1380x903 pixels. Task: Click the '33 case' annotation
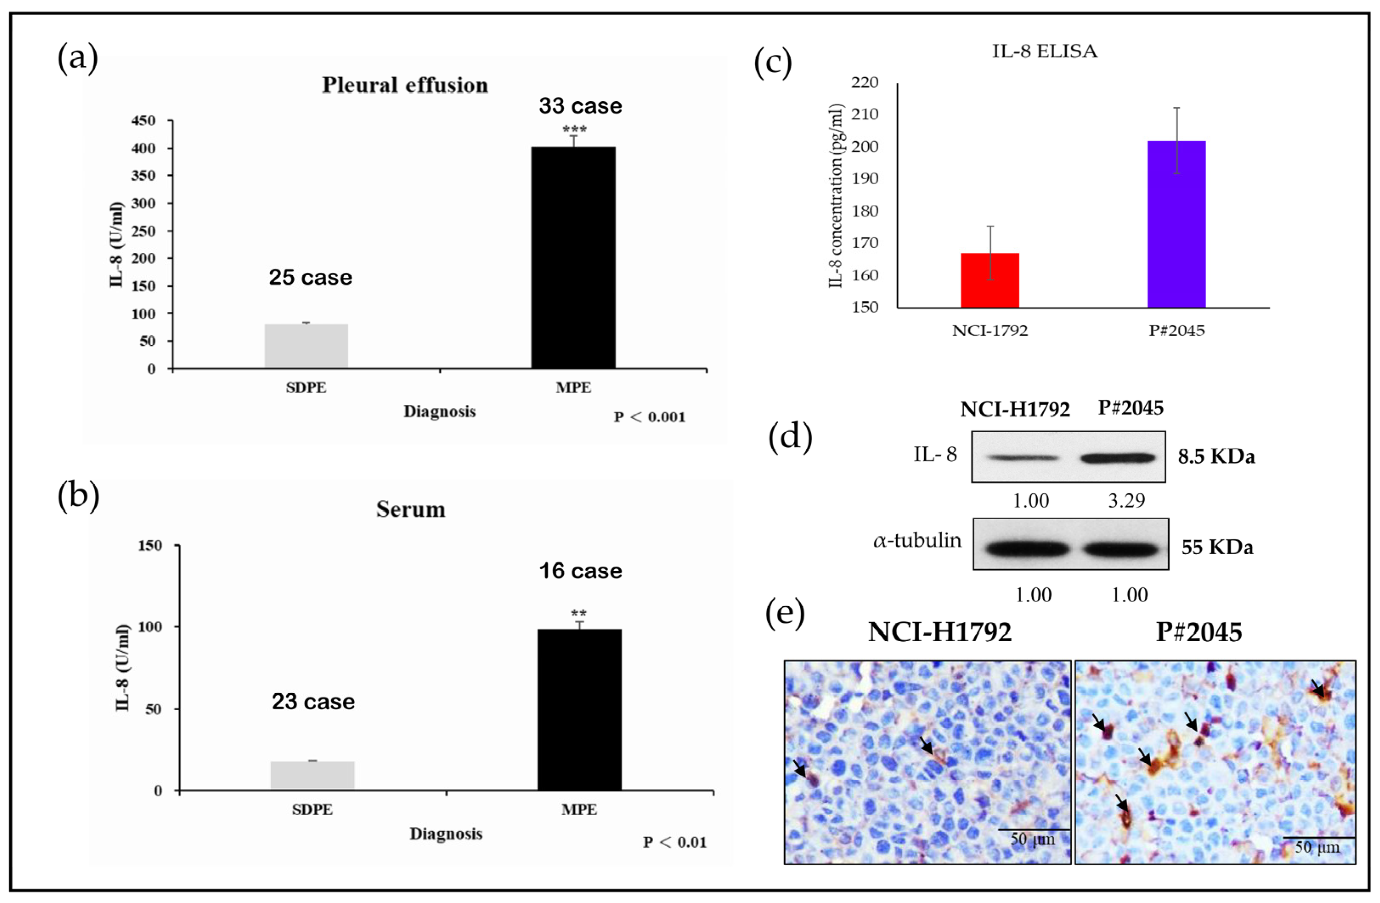click(x=580, y=106)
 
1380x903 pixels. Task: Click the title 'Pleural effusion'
click(x=405, y=85)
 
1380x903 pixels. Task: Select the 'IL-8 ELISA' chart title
click(x=1044, y=52)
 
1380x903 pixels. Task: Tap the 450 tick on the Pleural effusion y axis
click(x=144, y=121)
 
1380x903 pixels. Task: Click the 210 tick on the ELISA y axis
click(x=864, y=114)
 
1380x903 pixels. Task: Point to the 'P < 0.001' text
click(x=649, y=417)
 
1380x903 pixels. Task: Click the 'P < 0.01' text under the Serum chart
click(x=674, y=842)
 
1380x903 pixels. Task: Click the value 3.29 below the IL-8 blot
click(x=1126, y=500)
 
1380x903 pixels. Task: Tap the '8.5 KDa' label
click(x=1216, y=457)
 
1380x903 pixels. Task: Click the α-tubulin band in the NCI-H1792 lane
click(x=1022, y=549)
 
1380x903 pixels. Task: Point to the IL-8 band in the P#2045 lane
click(x=1118, y=457)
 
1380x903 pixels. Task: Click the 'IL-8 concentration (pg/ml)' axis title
click(x=835, y=196)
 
